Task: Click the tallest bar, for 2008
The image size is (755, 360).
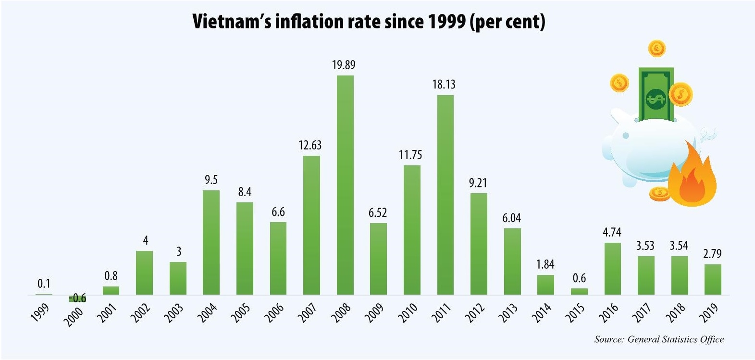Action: coord(345,185)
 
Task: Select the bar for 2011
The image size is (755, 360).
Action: coord(446,195)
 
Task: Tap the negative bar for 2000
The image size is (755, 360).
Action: coord(77,298)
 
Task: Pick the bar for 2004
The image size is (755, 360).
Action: coord(211,242)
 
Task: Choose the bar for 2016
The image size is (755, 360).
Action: coord(612,269)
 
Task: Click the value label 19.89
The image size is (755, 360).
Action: coord(344,65)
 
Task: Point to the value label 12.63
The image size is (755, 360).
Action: coord(310,145)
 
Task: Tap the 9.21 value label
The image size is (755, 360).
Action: coord(478,183)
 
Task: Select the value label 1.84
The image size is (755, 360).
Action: coord(545,264)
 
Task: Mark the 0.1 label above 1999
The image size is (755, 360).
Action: coord(44,284)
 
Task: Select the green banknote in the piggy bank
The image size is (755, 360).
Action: coord(656,94)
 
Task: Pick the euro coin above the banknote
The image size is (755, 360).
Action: coord(656,48)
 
